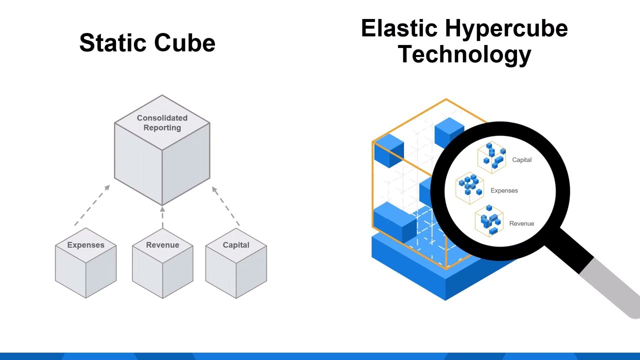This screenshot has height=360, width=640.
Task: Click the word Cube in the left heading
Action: pos(184,43)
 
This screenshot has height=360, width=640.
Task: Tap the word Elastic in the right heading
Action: pos(398,28)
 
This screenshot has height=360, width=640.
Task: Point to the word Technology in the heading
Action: pos(464,54)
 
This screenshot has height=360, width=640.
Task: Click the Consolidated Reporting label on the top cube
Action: pos(162,122)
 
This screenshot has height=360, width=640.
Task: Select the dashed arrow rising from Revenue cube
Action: pos(162,217)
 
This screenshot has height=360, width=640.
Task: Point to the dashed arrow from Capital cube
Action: pos(226,205)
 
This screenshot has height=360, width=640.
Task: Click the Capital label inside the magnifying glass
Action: pos(521,160)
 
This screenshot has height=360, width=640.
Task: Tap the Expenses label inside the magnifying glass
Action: pos(504,190)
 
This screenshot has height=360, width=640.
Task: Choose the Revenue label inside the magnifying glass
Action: pos(521,223)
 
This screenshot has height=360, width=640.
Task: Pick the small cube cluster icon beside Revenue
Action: pos(489,220)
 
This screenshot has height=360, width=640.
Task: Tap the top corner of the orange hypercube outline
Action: pos(446,99)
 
